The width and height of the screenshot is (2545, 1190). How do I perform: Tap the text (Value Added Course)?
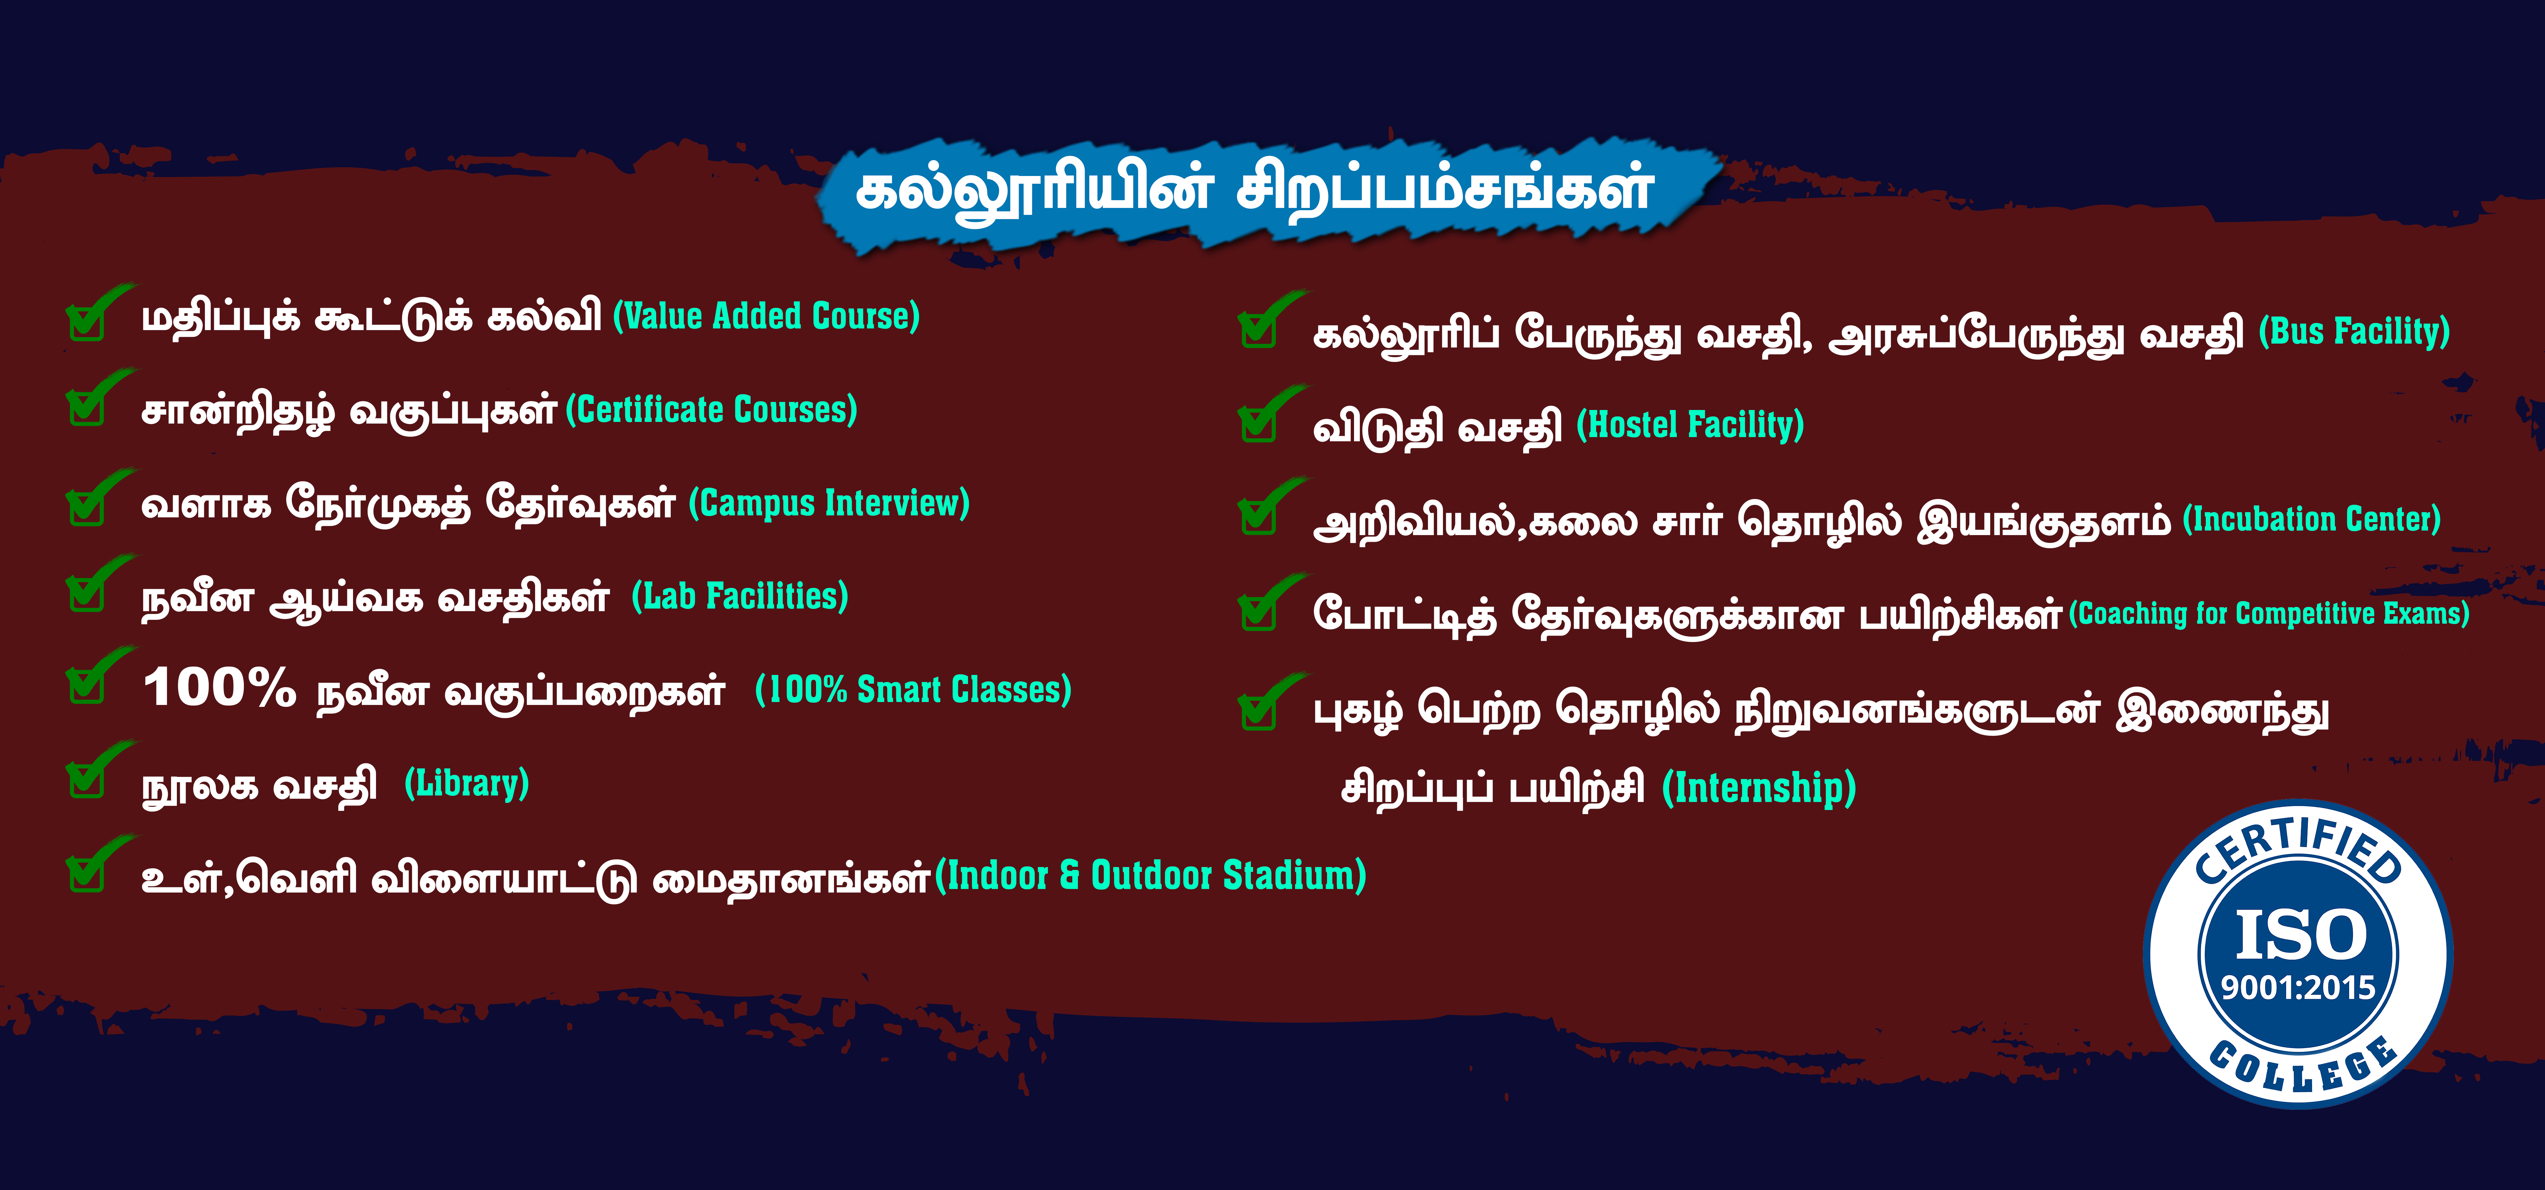point(767,316)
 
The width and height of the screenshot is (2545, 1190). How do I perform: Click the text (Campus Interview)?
point(829,503)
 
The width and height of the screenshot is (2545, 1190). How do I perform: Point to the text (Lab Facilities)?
point(740,596)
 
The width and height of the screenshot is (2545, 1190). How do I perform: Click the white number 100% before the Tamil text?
point(219,687)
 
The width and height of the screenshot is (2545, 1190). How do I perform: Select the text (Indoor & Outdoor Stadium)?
point(1150,876)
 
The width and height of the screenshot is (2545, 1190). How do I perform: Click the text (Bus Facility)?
point(2354,331)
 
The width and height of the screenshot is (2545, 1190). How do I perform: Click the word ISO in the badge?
point(2301,935)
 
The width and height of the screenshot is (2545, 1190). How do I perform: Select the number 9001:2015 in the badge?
point(2298,987)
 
